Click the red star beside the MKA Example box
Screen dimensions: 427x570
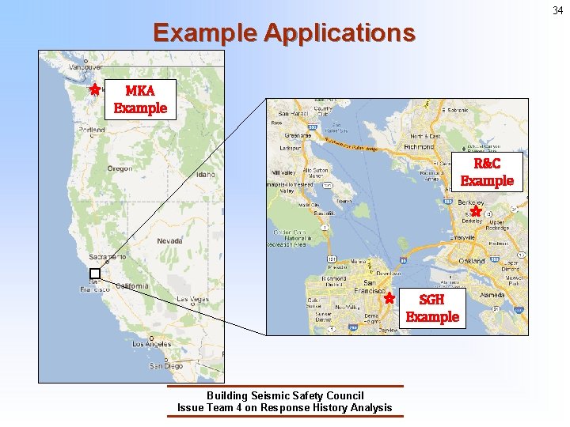[94, 89]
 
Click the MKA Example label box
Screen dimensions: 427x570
[140, 100]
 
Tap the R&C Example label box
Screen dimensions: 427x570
[487, 172]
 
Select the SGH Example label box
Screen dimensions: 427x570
[431, 308]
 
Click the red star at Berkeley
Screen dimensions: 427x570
[476, 211]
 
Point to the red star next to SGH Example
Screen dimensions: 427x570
[389, 299]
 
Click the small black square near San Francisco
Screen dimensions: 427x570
[95, 273]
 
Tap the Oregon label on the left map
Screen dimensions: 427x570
[120, 168]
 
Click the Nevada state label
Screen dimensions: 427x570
[169, 240]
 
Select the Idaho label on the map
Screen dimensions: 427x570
[206, 174]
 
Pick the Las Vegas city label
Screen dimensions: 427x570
[192, 299]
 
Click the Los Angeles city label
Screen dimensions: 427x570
[151, 344]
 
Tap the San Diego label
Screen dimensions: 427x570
[167, 366]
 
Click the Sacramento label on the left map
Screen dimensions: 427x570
[107, 257]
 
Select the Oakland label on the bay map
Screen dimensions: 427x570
[471, 260]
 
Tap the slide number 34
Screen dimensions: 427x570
[557, 10]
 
